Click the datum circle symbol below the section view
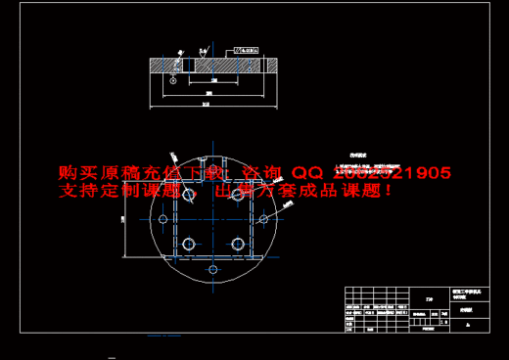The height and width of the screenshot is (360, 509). (171, 81)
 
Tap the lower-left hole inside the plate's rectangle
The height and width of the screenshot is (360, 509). (187, 243)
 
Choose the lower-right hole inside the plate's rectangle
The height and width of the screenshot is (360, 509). (236, 243)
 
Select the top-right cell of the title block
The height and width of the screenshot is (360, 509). (469, 292)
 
